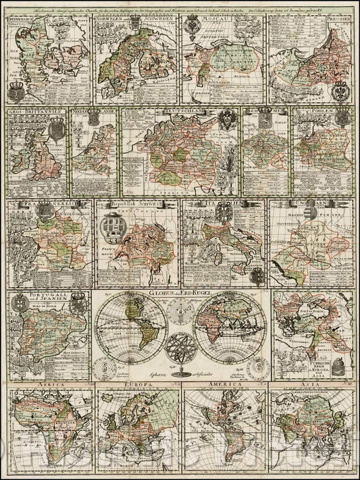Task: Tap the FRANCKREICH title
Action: click(34, 203)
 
